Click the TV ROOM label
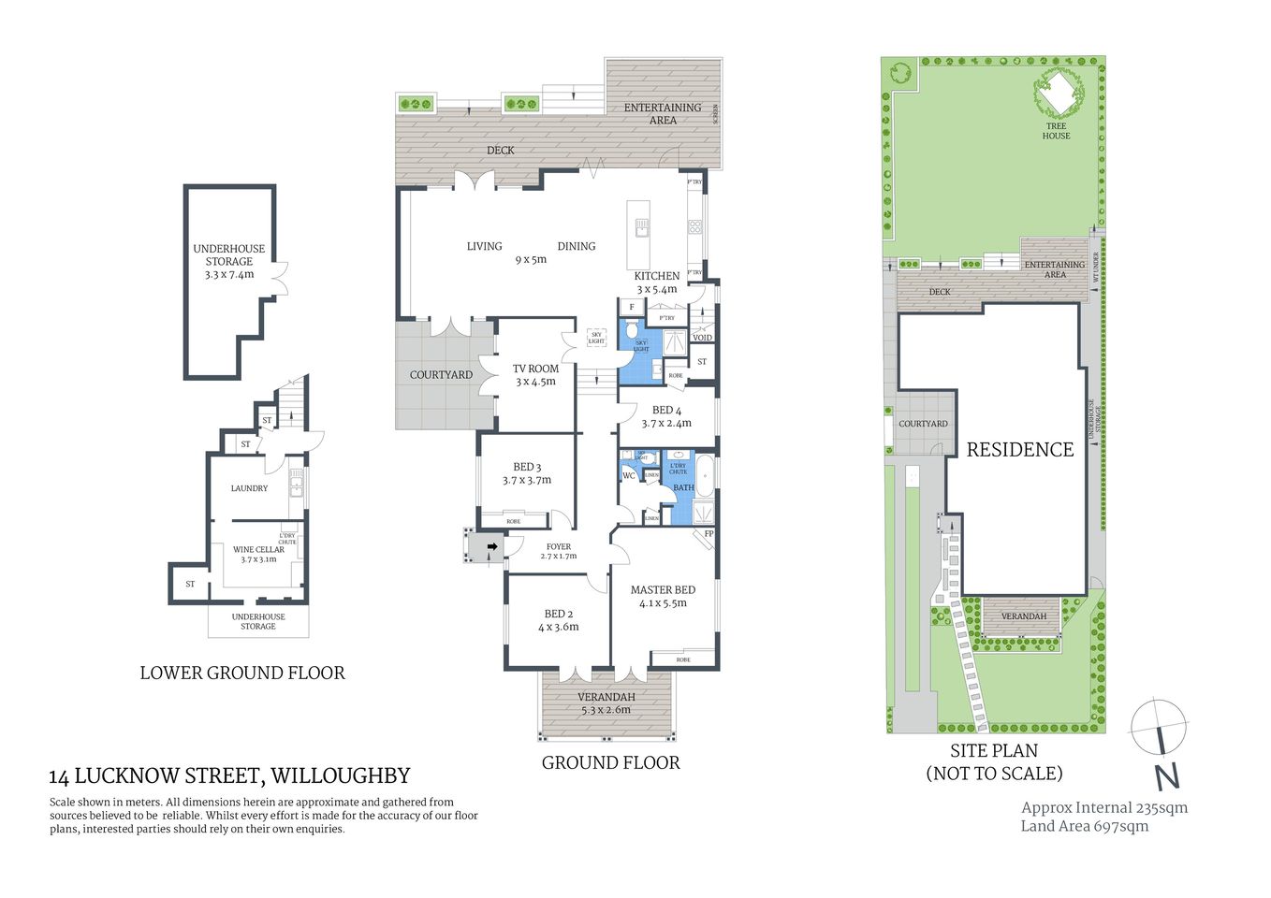tap(535, 369)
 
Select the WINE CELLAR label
tap(258, 550)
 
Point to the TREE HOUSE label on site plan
tap(1056, 131)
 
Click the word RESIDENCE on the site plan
tap(1019, 450)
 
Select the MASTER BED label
tap(663, 589)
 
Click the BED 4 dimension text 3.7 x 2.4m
tap(666, 423)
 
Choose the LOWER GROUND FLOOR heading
tap(242, 673)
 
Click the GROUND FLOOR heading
tap(610, 762)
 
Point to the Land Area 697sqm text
tap(1084, 826)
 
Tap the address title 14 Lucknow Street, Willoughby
tap(229, 775)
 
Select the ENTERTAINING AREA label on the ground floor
tap(663, 113)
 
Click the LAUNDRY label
tap(249, 488)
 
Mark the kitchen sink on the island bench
tap(642, 227)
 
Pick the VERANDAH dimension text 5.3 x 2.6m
tap(606, 710)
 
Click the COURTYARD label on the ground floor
tap(441, 375)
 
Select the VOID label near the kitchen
tap(702, 338)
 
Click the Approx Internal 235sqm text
tap(1104, 807)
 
